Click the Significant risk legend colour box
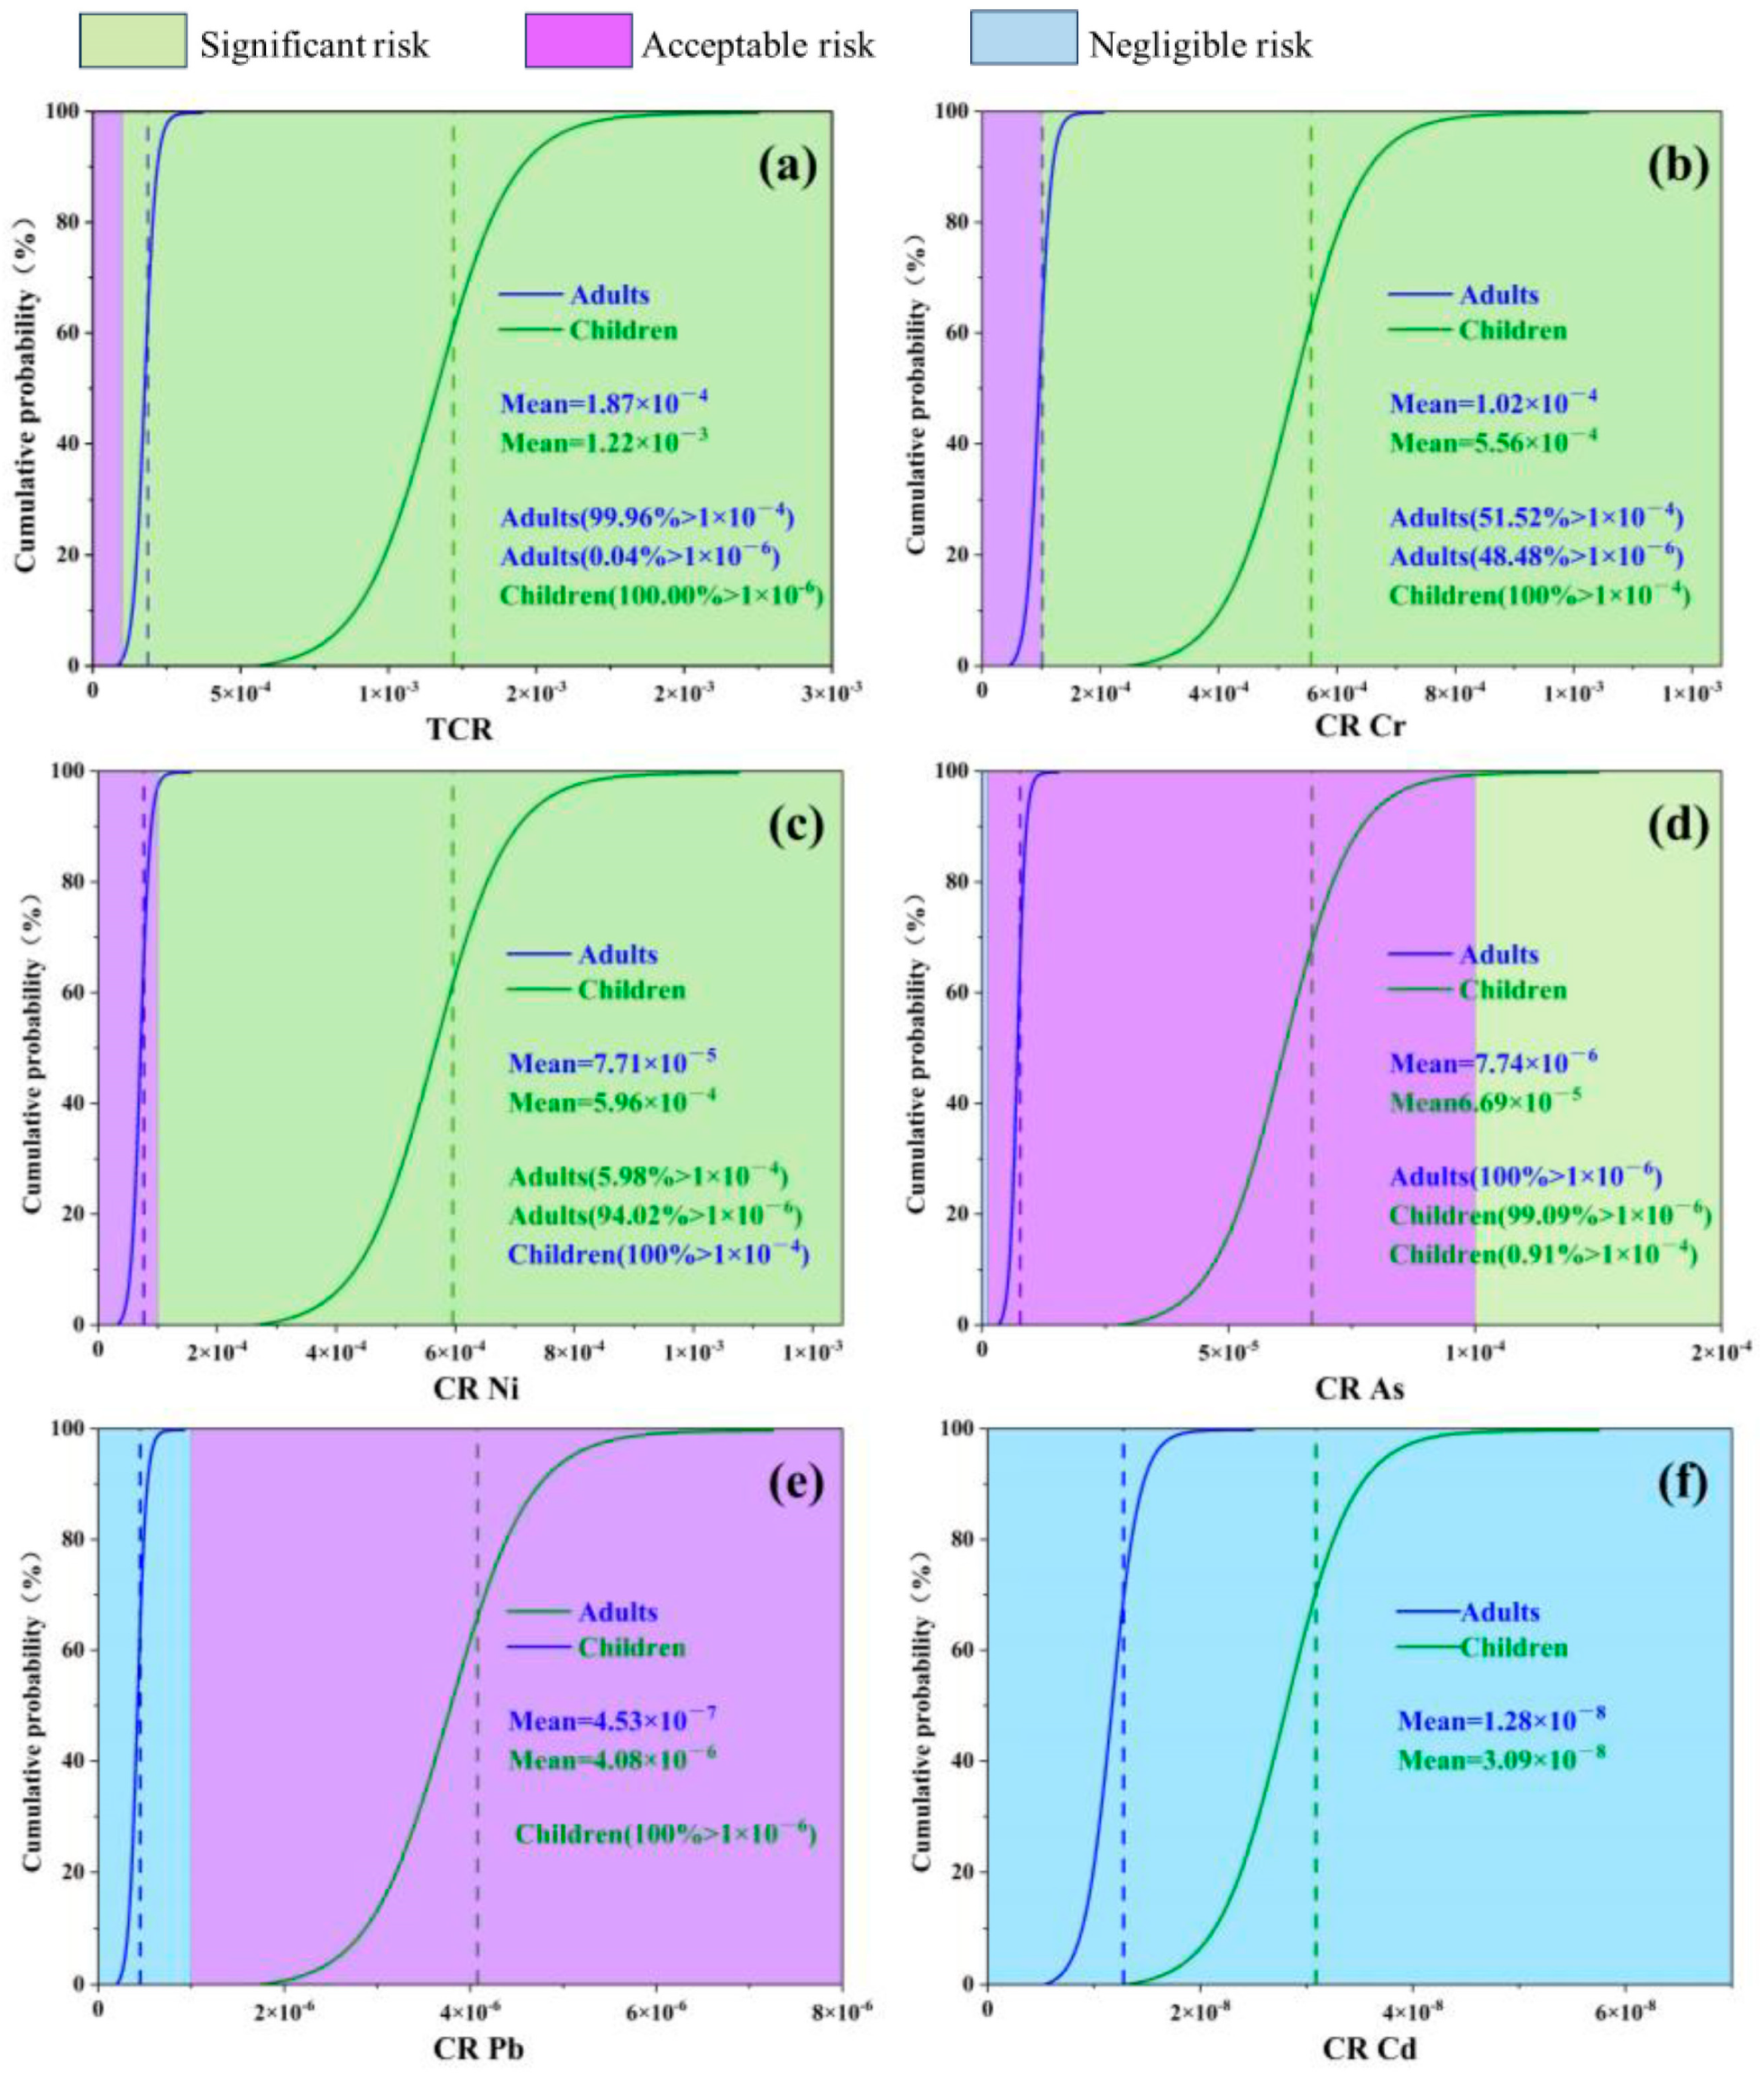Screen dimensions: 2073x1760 point(133,41)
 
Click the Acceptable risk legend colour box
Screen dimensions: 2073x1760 point(578,41)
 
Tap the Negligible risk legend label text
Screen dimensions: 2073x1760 point(1199,45)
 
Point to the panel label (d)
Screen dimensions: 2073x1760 point(1678,825)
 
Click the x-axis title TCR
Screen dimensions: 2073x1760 point(460,729)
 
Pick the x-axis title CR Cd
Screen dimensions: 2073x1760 point(1369,2049)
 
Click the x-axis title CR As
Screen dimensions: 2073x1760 point(1359,1388)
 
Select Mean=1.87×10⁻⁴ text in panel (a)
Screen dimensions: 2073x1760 point(603,403)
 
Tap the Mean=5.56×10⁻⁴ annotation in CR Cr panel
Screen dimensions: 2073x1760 point(1492,441)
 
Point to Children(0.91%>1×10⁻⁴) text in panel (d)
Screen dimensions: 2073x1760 point(1543,1254)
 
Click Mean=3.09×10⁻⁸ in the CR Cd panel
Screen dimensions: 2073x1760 point(1500,1760)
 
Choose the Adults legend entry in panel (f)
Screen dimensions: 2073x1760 point(1499,1612)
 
